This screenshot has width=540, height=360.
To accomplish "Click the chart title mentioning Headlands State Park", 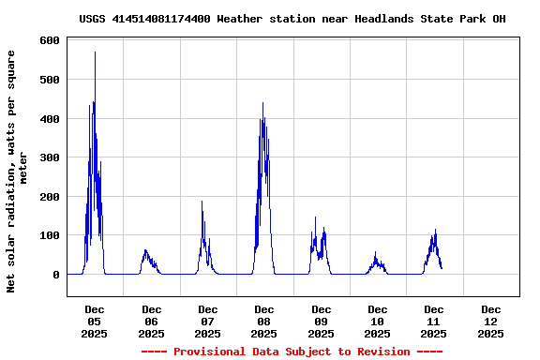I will coord(292,18).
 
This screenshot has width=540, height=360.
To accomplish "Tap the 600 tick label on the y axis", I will coord(50,40).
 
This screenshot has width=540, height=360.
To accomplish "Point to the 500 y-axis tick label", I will coord(50,80).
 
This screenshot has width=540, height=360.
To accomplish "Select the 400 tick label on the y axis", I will coord(50,119).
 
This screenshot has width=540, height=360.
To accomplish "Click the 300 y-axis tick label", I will coord(50,157).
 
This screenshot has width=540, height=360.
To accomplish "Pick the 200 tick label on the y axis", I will coord(50,197).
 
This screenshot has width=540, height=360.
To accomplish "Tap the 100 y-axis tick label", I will coord(50,235).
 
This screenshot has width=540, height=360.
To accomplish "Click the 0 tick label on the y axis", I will coord(56,275).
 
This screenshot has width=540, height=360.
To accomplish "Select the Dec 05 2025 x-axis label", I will coord(95,321).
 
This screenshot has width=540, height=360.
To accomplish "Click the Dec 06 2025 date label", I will coord(151,321).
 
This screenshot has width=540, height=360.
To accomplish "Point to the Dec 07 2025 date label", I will coord(207,321).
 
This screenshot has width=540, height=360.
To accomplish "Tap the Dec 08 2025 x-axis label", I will coord(264,321).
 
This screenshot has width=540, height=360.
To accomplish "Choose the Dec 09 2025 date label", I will coord(321,321).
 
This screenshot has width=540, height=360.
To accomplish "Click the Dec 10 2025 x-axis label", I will coord(377,321).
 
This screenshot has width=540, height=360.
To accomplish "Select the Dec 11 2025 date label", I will coord(433,321).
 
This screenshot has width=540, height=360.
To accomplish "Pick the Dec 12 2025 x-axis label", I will coord(490,321).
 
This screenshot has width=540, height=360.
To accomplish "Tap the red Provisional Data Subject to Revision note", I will coord(292,352).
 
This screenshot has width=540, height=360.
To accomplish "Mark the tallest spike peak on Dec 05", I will coord(95,52).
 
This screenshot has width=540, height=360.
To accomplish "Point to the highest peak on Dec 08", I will coord(263,103).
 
